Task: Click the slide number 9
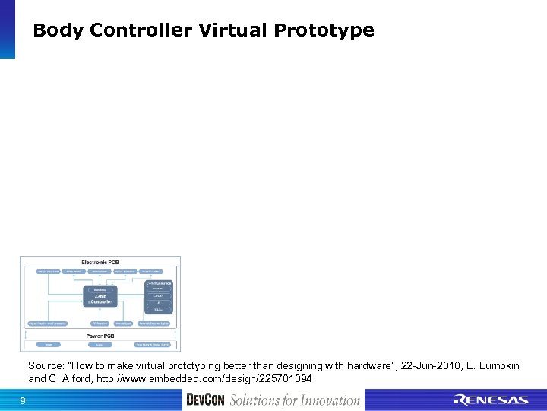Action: (23, 400)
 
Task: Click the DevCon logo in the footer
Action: (205, 400)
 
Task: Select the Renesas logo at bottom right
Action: (490, 400)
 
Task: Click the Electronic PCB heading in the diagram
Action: (100, 263)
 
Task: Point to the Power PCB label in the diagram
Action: (100, 336)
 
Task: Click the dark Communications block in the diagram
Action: (158, 283)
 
